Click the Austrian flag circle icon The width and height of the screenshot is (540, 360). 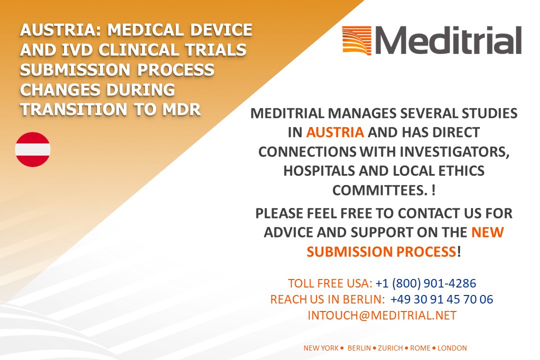point(32,149)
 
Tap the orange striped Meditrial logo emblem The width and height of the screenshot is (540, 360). point(357,40)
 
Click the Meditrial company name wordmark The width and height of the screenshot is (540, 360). point(448,40)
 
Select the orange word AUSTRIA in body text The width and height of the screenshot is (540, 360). point(335,132)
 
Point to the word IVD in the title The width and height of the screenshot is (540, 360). point(77,50)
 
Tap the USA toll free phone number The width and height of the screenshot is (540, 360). point(425,283)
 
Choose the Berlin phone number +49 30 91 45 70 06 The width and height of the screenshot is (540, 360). point(442,299)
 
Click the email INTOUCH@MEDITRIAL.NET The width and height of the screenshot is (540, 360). point(382,315)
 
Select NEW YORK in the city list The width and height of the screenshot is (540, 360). point(321,348)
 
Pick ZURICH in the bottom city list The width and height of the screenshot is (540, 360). point(390,348)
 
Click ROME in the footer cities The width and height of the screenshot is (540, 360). point(420,348)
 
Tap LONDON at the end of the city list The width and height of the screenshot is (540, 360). point(452,348)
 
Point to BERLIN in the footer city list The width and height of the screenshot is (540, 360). point(359,348)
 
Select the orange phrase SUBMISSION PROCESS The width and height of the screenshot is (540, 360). point(381,252)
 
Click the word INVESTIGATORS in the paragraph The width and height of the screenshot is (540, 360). point(454,152)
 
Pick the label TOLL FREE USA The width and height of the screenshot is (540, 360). point(330,283)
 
